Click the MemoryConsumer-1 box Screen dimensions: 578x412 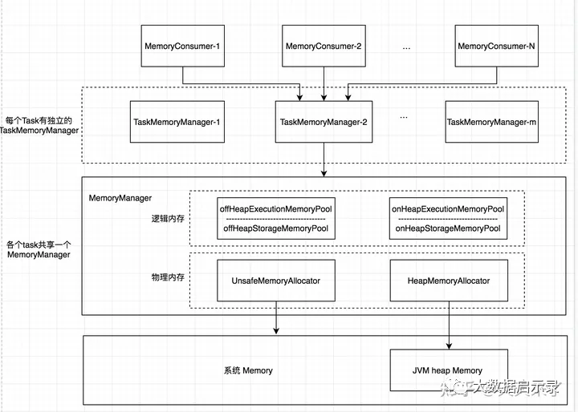[183, 46]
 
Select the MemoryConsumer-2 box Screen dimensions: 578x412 [324, 46]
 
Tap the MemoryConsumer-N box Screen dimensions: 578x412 [497, 46]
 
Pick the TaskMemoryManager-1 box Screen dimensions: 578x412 [177, 122]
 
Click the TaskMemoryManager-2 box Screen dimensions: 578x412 [324, 122]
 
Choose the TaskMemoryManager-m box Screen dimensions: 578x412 [492, 122]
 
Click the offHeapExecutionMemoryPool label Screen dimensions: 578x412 [275, 209]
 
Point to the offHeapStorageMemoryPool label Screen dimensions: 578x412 [275, 228]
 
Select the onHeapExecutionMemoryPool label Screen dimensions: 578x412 [448, 209]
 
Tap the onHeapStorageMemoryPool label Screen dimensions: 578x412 [448, 228]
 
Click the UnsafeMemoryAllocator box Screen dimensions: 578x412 [276, 281]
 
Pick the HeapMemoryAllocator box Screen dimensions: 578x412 [449, 281]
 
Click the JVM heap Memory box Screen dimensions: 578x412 [449, 370]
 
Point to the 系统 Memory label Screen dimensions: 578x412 [248, 370]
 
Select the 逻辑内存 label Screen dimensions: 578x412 [168, 219]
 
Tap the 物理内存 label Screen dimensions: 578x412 [168, 277]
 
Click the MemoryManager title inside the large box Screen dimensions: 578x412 [120, 198]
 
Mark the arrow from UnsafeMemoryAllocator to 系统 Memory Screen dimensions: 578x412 [276, 317]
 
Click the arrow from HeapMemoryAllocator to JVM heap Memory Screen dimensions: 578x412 [449, 325]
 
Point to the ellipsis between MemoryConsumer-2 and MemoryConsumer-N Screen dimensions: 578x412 [406, 48]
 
